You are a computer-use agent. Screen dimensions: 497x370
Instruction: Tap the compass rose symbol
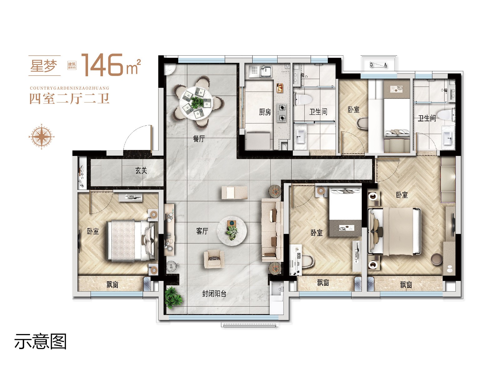(x=42, y=137)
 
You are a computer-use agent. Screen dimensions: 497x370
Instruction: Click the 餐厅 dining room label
(x=199, y=139)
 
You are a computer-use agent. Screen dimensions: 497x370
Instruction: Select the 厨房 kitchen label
(x=265, y=112)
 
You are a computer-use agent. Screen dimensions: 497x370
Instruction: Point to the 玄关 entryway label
(x=141, y=171)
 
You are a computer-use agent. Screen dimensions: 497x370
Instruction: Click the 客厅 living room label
(x=202, y=231)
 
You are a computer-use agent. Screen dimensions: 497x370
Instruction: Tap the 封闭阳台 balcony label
(x=214, y=293)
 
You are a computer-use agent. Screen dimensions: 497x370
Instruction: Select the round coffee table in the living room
(x=232, y=231)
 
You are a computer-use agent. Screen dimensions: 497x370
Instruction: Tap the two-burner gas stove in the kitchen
(x=282, y=112)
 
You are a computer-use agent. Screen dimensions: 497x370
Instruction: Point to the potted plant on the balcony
(x=174, y=297)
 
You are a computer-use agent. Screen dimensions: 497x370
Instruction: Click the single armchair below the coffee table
(x=214, y=259)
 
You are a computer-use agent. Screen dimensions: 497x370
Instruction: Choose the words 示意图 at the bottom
(x=41, y=342)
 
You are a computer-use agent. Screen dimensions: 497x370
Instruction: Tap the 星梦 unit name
(x=44, y=66)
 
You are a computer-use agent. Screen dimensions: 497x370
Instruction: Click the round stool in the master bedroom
(x=437, y=259)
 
